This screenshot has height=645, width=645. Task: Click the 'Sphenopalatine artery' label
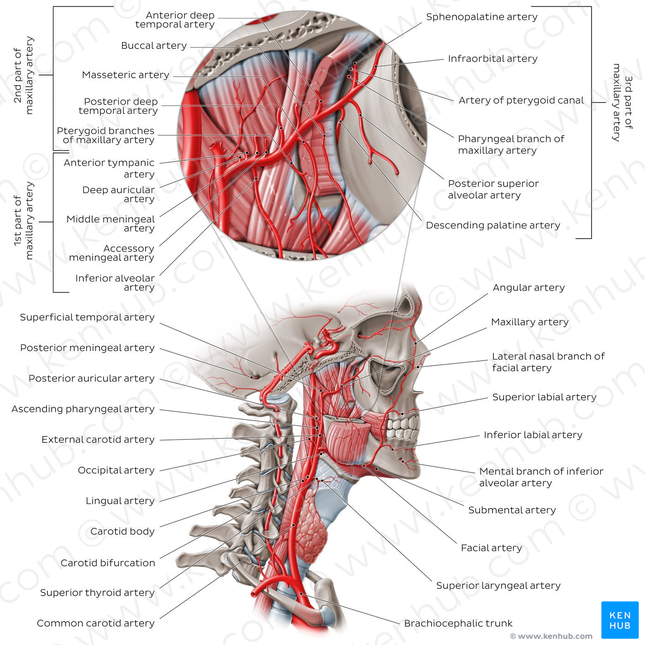coord(481,17)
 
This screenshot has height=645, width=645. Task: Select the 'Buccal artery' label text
coord(154,46)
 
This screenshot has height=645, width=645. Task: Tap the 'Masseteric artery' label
coord(125,75)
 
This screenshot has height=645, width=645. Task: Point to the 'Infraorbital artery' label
coord(493,59)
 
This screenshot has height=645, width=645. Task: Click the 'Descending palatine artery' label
coord(493,225)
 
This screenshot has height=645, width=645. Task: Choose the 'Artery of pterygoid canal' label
coord(521,100)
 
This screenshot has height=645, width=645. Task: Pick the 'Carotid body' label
coord(122,531)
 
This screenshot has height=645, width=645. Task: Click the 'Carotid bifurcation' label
coord(108,563)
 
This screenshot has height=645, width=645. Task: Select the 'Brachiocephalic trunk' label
coord(458,623)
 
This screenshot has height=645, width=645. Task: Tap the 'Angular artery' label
coord(528,287)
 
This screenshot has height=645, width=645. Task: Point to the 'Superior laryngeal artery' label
coord(498,586)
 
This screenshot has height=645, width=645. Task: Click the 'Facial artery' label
coord(491,548)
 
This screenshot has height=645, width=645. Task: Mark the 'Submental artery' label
coord(512,510)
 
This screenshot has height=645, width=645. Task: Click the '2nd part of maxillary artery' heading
coord(23,76)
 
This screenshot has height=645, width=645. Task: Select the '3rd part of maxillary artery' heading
coord(622,102)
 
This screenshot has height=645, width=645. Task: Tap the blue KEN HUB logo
coord(620,620)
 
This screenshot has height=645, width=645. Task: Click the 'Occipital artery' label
coord(116,470)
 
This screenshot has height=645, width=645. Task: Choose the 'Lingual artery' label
coord(120,501)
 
